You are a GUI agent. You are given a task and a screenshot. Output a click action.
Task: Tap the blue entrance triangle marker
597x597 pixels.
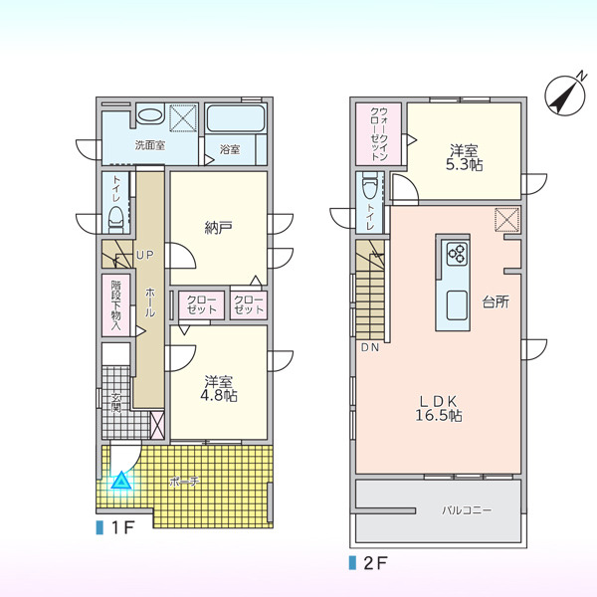(x=121, y=481)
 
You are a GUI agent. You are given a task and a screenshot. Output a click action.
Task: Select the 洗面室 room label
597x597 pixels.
(x=150, y=145)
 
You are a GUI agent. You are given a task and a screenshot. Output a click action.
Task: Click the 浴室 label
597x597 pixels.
(x=230, y=149)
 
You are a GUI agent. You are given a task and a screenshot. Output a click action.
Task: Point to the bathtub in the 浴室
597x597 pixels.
(x=235, y=118)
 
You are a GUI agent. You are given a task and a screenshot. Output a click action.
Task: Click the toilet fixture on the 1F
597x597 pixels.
(x=115, y=220)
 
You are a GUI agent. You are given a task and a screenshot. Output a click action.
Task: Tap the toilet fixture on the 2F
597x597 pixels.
(x=370, y=185)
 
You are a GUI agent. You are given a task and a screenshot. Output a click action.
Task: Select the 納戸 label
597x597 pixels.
(x=218, y=228)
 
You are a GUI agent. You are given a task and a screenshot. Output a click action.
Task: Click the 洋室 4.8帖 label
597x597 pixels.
(x=219, y=389)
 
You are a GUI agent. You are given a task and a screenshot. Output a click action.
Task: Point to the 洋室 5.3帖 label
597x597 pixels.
(x=464, y=157)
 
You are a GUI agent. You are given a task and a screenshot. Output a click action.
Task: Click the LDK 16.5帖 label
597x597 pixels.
(x=438, y=408)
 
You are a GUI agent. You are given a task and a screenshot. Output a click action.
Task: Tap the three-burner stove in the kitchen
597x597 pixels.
(x=457, y=254)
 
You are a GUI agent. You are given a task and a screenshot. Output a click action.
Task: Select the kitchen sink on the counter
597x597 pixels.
(x=457, y=305)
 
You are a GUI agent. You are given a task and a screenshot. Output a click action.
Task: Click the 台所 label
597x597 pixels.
(x=496, y=302)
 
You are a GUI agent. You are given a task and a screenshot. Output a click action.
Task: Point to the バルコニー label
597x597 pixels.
(x=467, y=509)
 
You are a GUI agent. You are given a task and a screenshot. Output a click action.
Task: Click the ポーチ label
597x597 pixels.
(x=184, y=482)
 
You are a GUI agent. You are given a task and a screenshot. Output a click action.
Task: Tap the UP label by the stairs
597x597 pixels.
(x=144, y=256)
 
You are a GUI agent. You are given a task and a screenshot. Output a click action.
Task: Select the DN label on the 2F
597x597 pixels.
(x=370, y=347)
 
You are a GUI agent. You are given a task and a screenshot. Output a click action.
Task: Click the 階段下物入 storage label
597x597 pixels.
(x=115, y=305)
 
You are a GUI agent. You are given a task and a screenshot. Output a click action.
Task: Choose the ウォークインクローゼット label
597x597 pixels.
(x=378, y=133)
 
